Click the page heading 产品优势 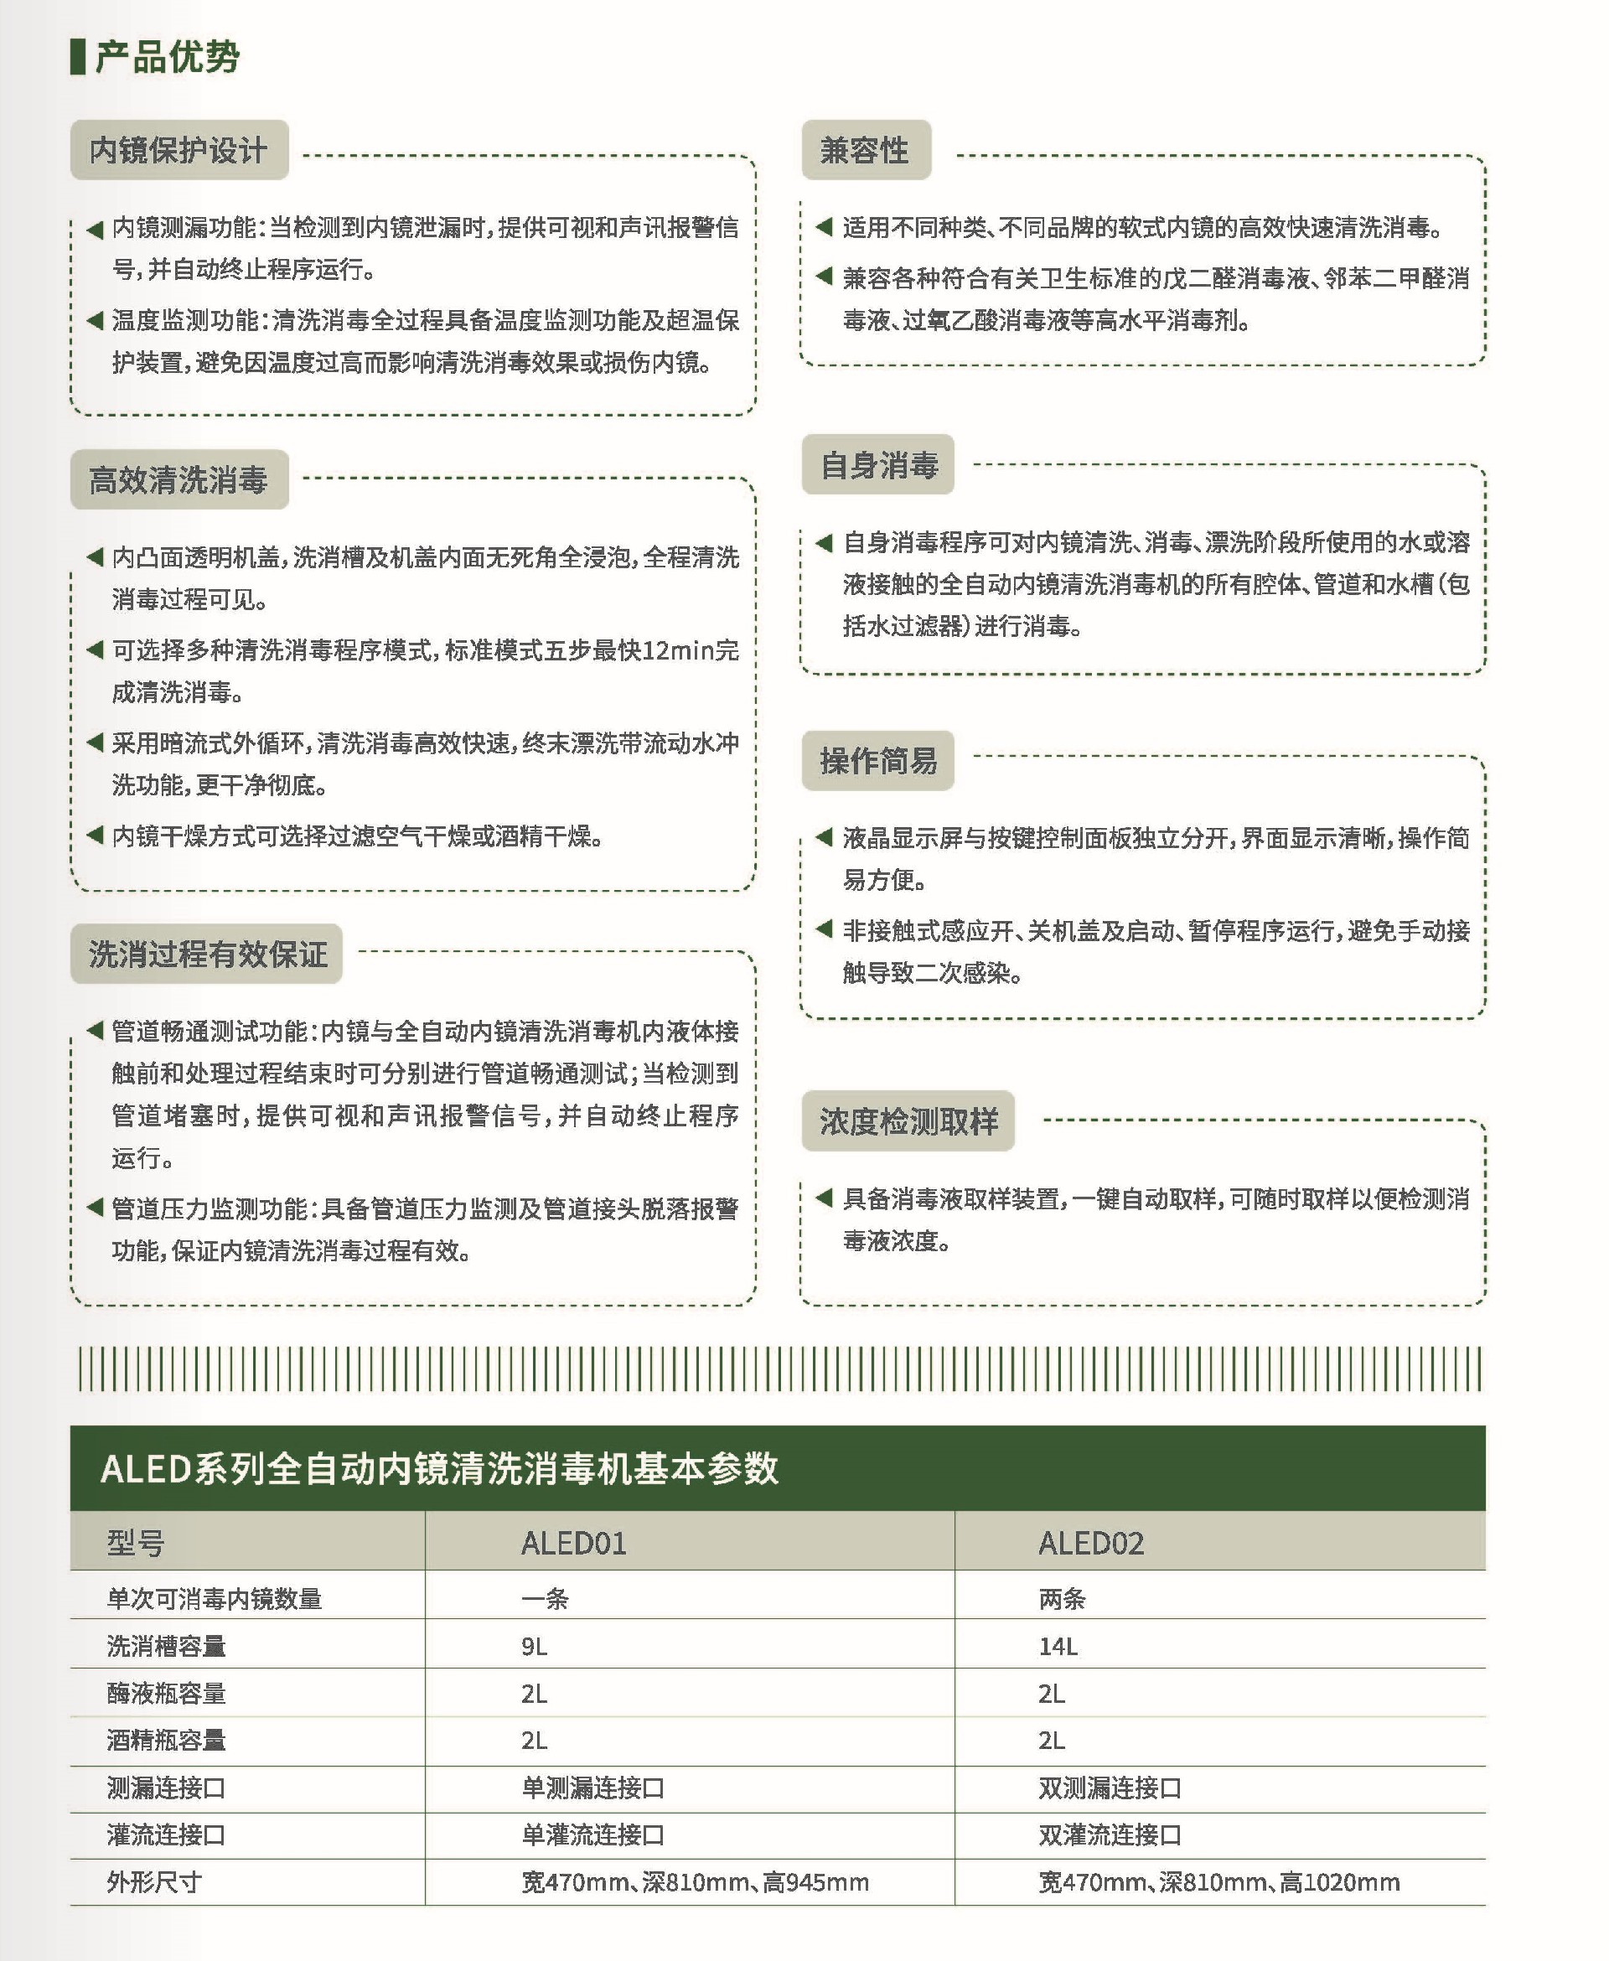167,58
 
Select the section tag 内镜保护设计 178,150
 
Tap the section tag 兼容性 865,150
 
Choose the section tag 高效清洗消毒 178,480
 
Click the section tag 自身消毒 877,464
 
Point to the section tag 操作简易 877,761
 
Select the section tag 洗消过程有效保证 207,954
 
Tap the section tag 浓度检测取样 908,1121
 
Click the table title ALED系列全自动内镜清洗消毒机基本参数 438,1468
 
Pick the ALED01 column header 574,1543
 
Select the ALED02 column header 1091,1543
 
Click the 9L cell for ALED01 534,1646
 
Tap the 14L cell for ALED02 1058,1646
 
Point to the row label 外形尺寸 154,1881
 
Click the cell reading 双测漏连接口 1110,1788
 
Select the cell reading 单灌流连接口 592,1835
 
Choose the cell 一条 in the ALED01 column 544,1599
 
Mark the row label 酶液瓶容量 166,1693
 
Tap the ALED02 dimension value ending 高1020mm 1218,1882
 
